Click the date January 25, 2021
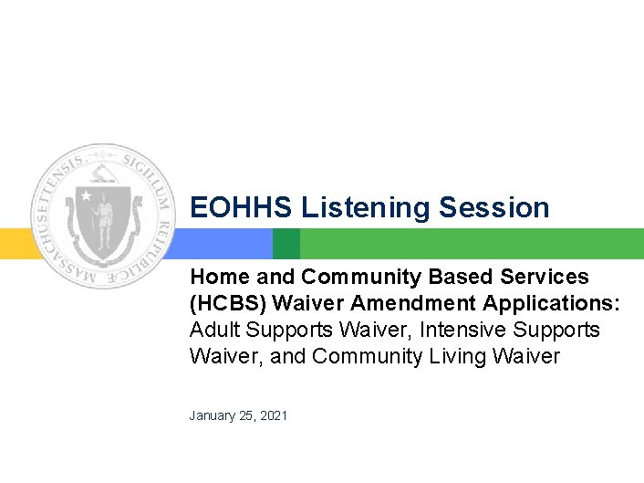coord(238,415)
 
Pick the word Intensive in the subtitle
coord(466,329)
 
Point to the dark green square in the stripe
coord(286,244)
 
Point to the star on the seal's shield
coord(87,195)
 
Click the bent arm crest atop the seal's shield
coord(103,172)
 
